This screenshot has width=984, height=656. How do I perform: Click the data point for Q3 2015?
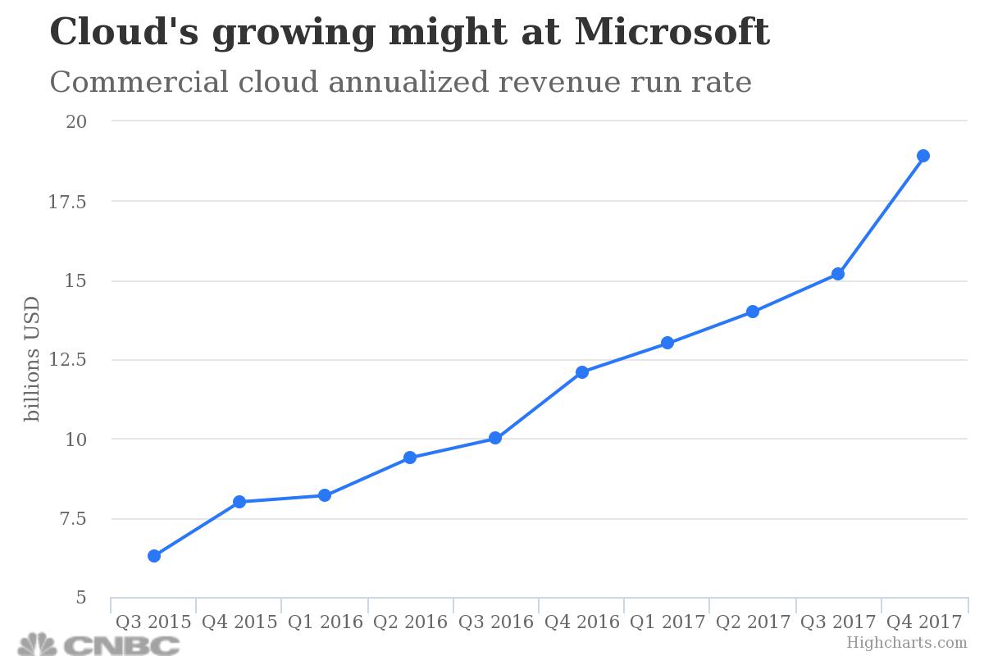153,556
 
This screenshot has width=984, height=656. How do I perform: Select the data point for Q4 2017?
922,156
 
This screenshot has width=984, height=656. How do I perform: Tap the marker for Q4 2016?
581,372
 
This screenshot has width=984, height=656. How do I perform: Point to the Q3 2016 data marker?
495,438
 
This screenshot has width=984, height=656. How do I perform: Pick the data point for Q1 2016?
325,495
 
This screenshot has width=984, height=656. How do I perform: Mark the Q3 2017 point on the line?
837,274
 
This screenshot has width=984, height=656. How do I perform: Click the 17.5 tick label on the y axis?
68,202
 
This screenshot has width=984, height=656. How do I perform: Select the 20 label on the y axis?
76,122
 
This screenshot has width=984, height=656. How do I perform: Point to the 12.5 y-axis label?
68,360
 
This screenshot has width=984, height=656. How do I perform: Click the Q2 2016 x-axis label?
410,622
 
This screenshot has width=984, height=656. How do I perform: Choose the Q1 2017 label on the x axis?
667,622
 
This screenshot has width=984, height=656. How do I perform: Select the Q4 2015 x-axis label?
239,622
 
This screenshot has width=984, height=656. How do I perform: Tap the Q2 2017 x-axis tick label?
753,622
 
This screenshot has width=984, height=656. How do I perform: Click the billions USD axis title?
32,359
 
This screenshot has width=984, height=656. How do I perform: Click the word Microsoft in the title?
672,33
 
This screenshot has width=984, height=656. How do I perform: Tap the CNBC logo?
98,644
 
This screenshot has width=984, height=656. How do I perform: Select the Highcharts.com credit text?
906,644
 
